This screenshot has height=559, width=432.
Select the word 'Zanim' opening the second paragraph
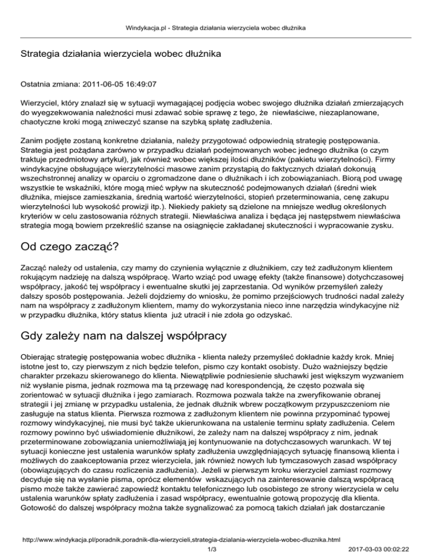32,140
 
